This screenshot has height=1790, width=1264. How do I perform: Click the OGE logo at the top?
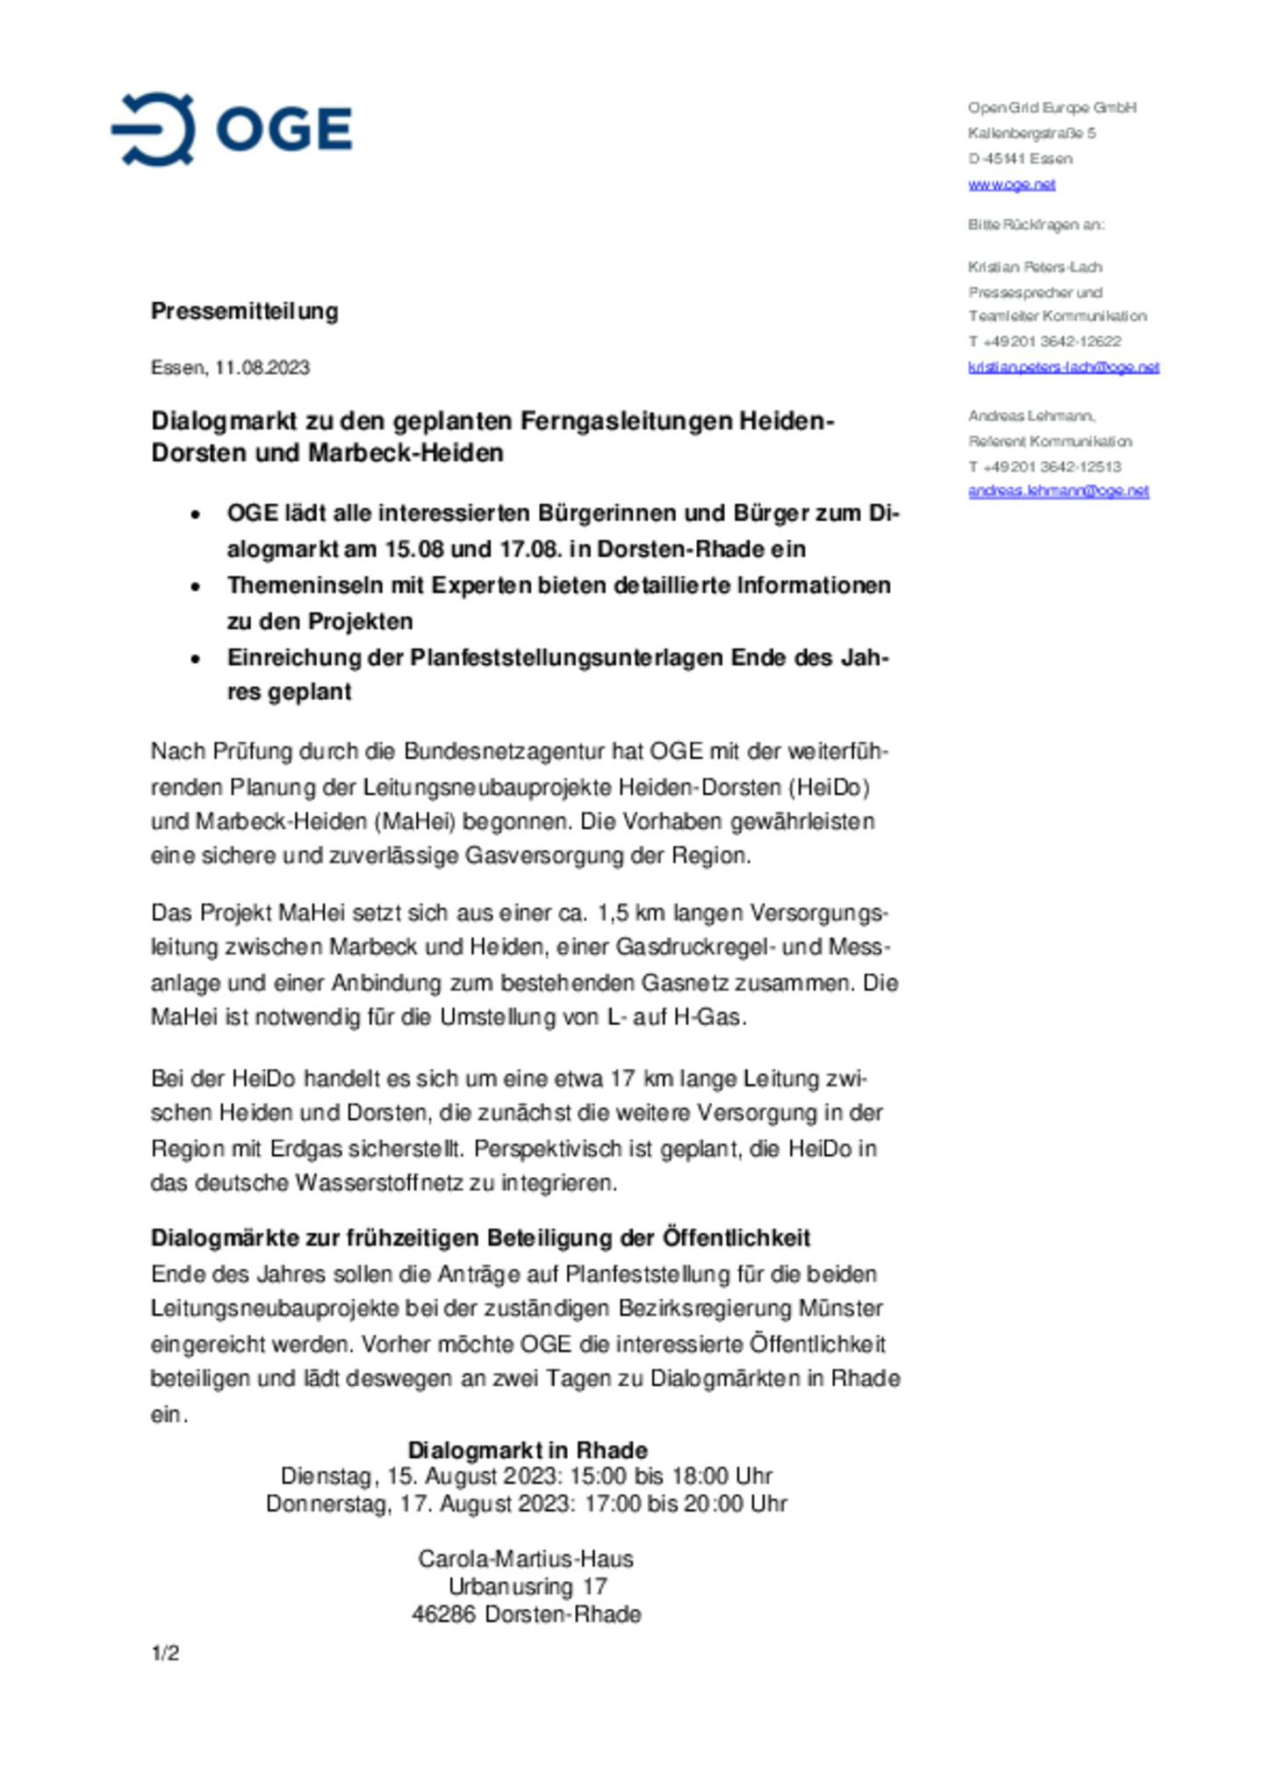tap(232, 129)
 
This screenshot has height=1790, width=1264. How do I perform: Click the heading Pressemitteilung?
tap(244, 311)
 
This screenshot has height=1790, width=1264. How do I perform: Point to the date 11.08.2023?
tap(262, 367)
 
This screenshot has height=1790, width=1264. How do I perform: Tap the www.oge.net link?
tap(1011, 184)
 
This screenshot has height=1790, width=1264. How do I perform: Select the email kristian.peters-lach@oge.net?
tap(1063, 367)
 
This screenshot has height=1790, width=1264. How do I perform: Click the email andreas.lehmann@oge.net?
tap(1058, 491)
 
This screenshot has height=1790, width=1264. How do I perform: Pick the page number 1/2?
tap(165, 1653)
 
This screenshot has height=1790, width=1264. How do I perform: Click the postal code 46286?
tap(443, 1613)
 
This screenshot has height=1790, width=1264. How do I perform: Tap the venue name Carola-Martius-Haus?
tap(525, 1558)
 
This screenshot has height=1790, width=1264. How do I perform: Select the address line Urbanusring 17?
tap(527, 1586)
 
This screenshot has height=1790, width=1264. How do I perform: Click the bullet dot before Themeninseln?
tap(196, 586)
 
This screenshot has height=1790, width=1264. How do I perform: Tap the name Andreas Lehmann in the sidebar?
tap(1031, 415)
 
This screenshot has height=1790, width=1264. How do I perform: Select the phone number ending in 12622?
tap(1045, 341)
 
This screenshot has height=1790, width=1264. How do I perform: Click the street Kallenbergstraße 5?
tap(1031, 134)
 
